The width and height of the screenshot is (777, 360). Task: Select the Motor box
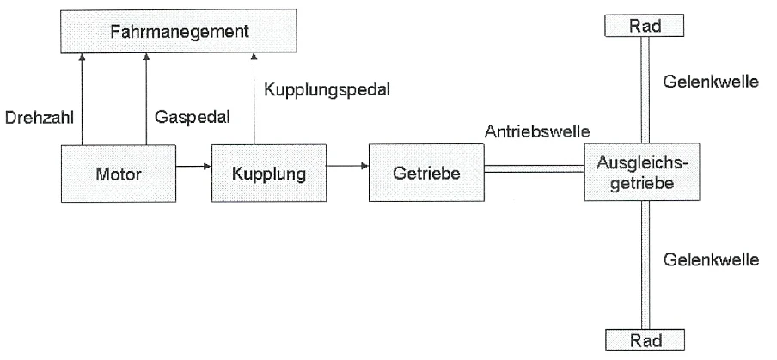(x=119, y=173)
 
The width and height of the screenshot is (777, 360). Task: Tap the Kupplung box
(x=268, y=173)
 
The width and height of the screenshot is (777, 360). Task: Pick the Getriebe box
(x=425, y=173)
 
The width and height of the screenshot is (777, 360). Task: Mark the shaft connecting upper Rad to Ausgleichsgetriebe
(x=645, y=89)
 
